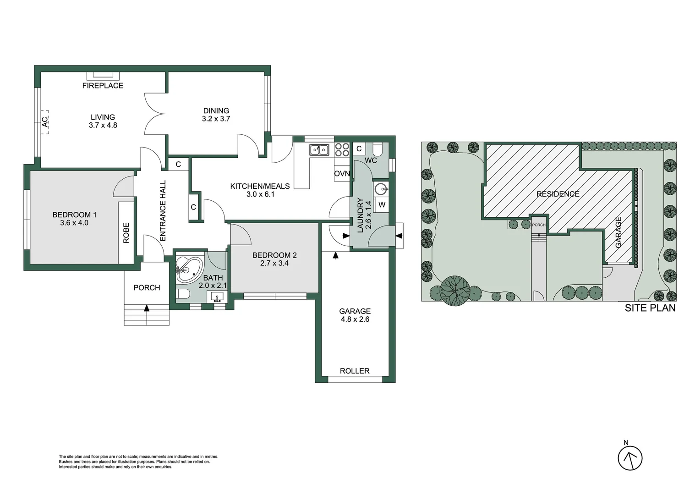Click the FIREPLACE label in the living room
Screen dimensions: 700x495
pos(103,85)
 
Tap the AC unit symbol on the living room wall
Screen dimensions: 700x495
pos(45,122)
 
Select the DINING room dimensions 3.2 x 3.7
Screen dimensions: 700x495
pos(216,119)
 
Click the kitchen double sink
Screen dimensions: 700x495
pos(319,150)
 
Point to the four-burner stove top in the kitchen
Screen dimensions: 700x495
pos(342,149)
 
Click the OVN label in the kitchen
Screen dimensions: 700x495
pos(342,173)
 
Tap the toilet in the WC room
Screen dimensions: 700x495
pos(378,149)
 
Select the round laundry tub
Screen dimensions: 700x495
pos(381,188)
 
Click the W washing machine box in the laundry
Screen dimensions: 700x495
pos(382,205)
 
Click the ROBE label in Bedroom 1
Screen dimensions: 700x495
pos(126,233)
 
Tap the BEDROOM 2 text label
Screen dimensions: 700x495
pos(274,255)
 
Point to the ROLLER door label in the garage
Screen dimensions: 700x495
pos(355,371)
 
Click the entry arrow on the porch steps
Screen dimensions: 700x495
pos(147,308)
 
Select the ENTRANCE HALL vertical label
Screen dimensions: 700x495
pos(163,210)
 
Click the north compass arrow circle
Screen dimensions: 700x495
pos(630,458)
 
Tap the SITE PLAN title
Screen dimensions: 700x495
pos(650,308)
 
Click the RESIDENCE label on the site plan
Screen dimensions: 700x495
pos(558,194)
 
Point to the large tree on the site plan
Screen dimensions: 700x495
pos(455,291)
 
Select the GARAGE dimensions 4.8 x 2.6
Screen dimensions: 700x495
pos(355,319)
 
